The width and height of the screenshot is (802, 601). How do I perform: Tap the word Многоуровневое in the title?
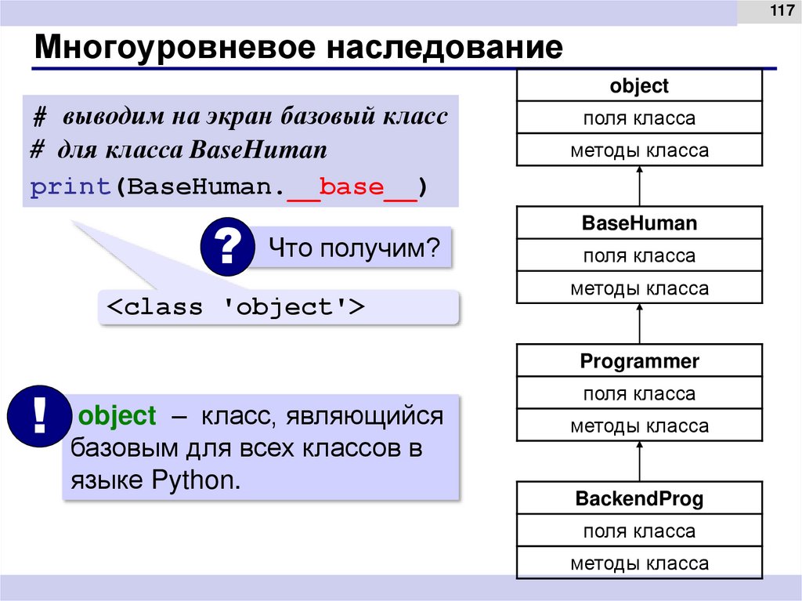tap(175, 48)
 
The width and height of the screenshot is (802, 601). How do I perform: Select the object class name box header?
tap(639, 85)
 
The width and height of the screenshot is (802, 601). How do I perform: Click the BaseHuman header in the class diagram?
tap(639, 223)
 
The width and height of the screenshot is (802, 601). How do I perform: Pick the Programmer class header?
tap(639, 361)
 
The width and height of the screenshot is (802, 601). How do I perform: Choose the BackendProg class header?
tap(639, 498)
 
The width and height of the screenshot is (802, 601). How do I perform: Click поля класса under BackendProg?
tap(639, 531)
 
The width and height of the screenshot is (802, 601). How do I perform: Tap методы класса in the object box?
tap(639, 150)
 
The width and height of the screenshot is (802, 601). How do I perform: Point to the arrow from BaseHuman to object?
tap(640, 185)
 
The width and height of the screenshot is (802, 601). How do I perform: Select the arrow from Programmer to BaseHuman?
tap(640, 323)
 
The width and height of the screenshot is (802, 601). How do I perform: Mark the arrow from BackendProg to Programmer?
tap(640, 461)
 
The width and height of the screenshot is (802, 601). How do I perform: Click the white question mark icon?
tap(227, 249)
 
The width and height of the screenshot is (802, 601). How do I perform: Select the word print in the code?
tap(69, 189)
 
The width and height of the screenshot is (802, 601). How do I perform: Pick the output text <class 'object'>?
tap(236, 306)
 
